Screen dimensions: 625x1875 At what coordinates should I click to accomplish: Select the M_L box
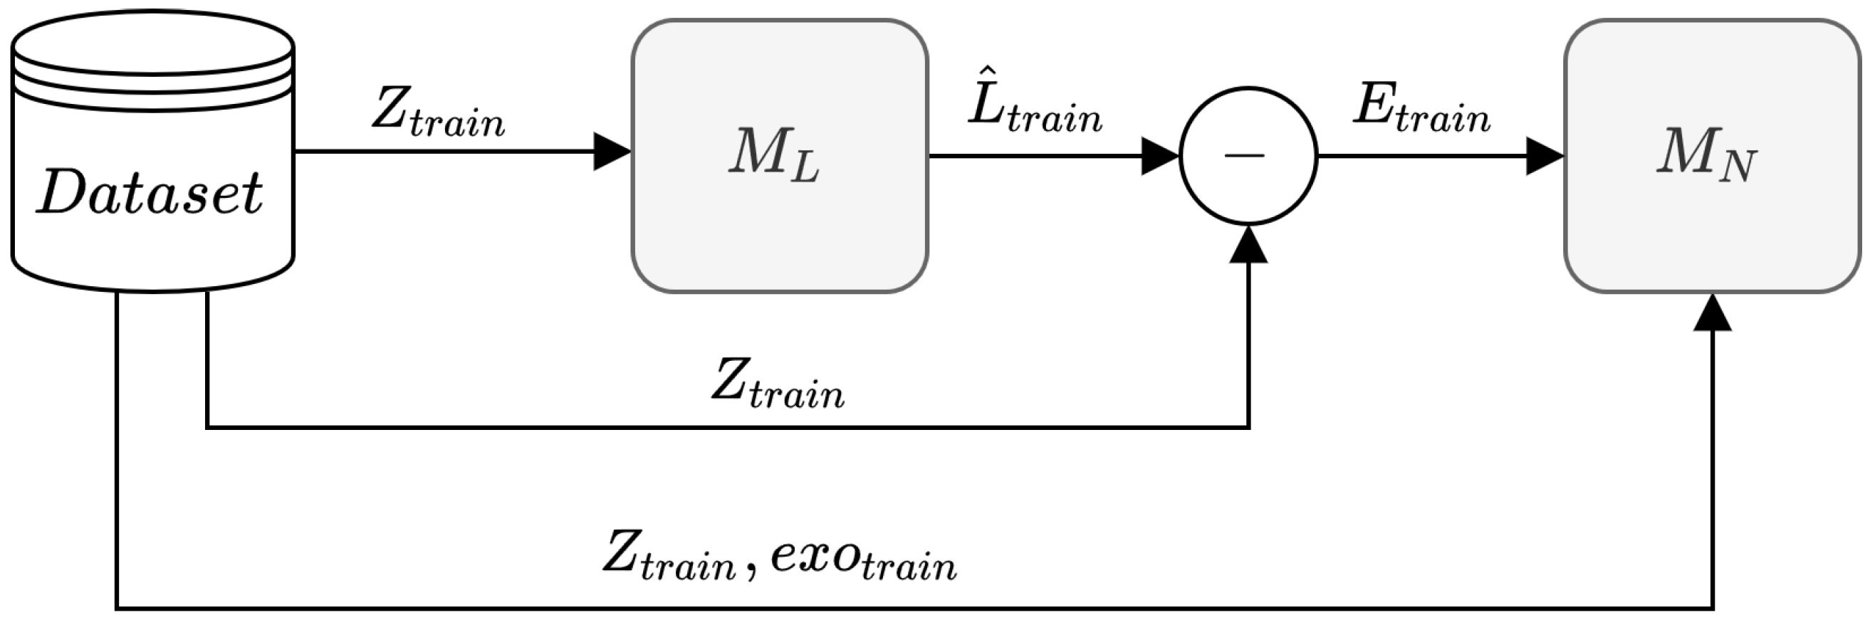779,155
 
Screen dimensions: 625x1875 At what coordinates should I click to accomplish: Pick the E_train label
1421,109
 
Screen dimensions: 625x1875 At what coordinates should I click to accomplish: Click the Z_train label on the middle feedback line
778,384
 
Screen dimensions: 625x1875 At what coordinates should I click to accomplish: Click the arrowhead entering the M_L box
612,152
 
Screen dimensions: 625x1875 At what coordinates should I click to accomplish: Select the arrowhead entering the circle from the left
1159,156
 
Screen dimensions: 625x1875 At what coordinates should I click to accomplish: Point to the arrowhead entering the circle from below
1248,245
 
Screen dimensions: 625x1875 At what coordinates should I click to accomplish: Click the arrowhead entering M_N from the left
1544,156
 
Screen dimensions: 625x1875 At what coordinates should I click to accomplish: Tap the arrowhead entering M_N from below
1712,313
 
